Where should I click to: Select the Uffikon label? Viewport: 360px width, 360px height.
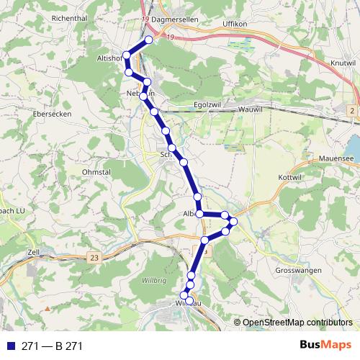click(234, 24)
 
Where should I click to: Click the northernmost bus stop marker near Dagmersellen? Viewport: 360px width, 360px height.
click(149, 40)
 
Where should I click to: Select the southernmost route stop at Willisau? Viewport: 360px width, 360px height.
click(190, 302)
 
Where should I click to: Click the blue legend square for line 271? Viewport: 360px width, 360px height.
click(10, 346)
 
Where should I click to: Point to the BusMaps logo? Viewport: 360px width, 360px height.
click(323, 346)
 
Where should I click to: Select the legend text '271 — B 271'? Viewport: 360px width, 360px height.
click(53, 346)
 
